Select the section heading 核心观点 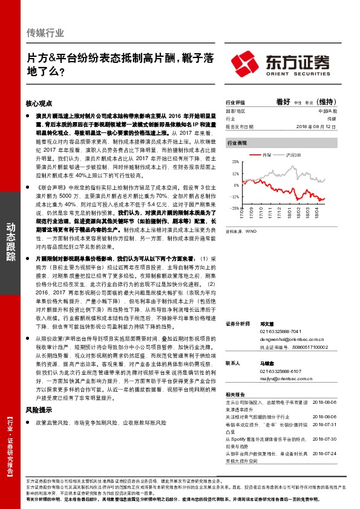[x=40, y=104]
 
